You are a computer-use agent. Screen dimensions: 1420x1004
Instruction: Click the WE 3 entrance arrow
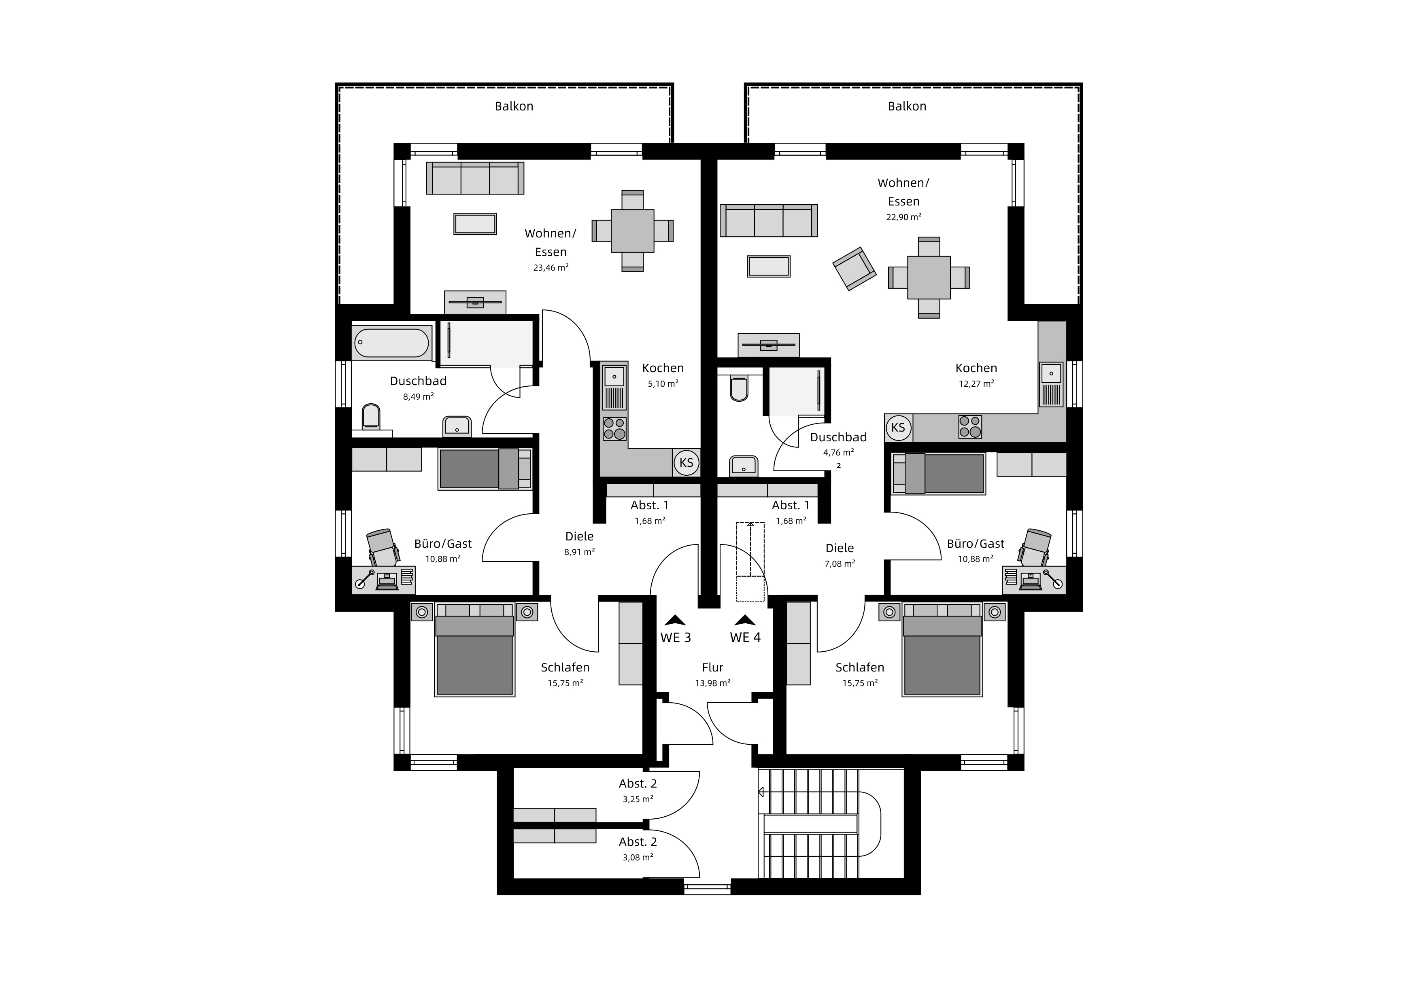pyautogui.click(x=675, y=619)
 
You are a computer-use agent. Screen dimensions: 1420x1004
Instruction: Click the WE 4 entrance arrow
pyautogui.click(x=745, y=619)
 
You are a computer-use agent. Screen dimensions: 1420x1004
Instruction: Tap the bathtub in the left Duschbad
pyautogui.click(x=391, y=343)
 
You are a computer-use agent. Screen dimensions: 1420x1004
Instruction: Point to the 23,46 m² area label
pyautogui.click(x=551, y=268)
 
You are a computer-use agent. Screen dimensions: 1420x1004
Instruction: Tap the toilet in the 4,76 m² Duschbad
pyautogui.click(x=739, y=388)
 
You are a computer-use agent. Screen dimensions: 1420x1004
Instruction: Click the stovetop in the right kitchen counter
pyautogui.click(x=970, y=427)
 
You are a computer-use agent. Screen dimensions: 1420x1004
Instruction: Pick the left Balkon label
pyautogui.click(x=514, y=106)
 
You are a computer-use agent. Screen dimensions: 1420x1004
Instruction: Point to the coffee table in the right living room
pyautogui.click(x=769, y=267)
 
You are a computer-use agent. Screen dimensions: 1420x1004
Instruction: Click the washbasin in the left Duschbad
pyautogui.click(x=457, y=426)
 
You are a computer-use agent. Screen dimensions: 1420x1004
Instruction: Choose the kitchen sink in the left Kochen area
pyautogui.click(x=614, y=375)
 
